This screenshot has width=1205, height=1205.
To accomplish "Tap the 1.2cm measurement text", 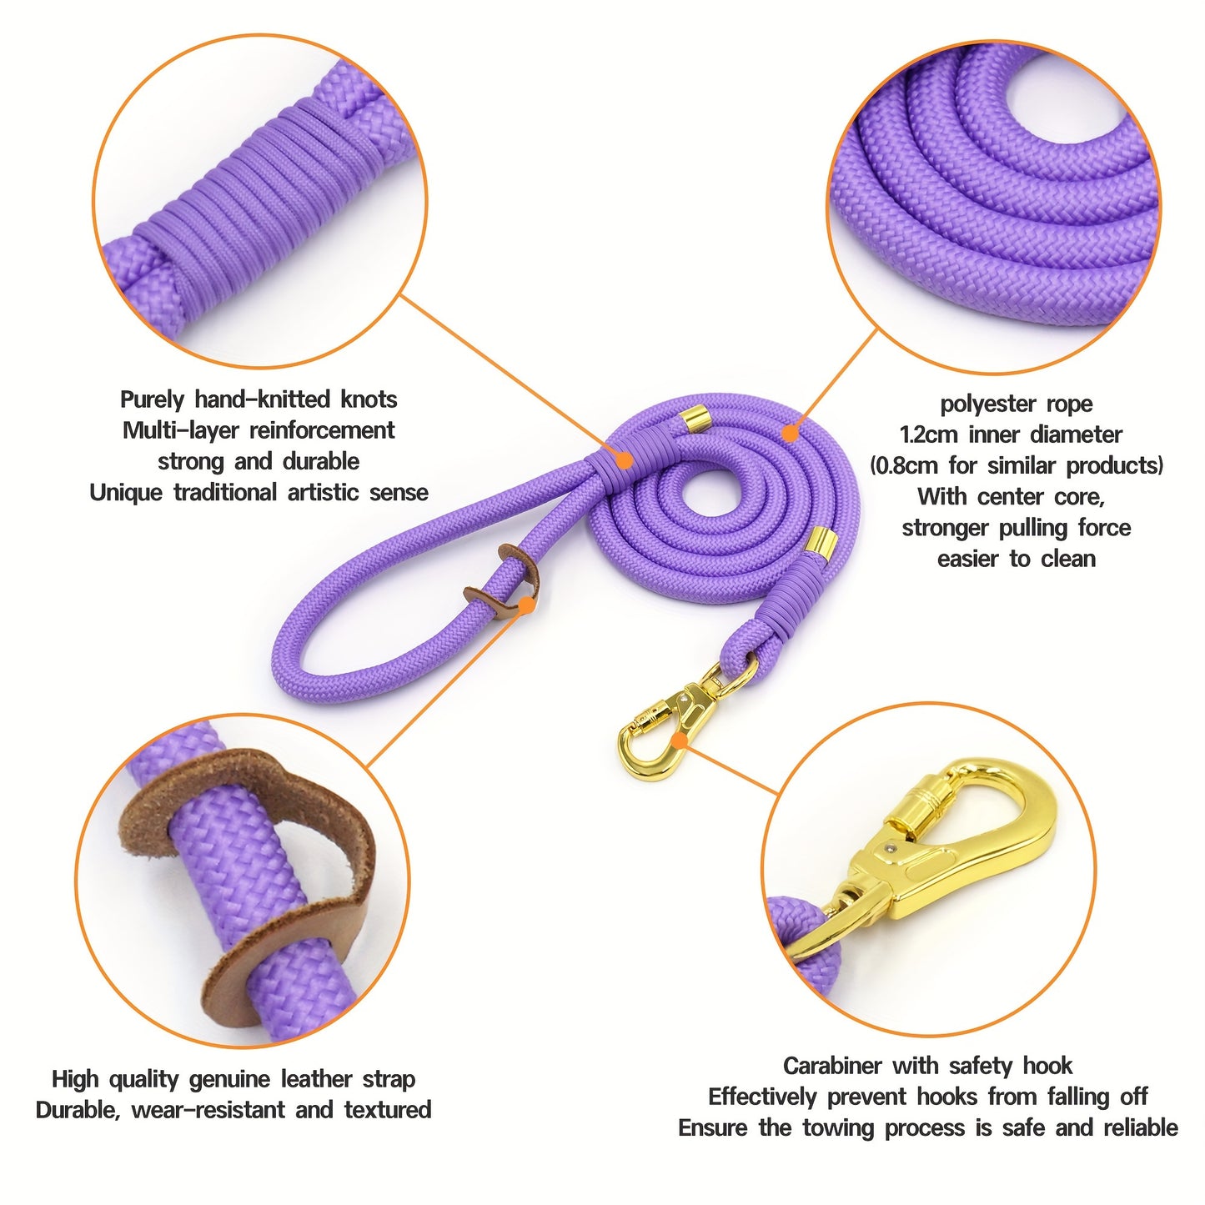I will point(928,435).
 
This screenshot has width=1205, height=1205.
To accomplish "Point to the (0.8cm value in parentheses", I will point(904,466).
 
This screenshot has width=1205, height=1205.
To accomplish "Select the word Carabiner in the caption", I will point(831,1066).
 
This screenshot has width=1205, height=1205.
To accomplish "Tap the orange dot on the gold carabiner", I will point(680,740).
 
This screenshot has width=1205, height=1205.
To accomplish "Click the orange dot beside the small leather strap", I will point(526,605).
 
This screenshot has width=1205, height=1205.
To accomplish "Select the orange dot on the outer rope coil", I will point(789,433).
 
